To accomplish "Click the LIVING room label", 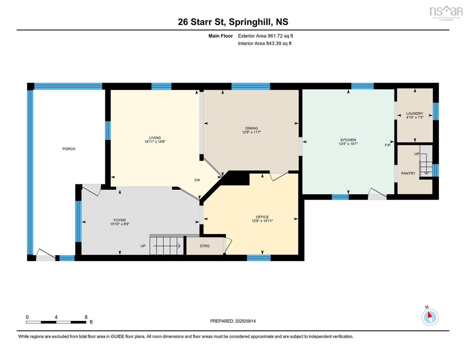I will [x=155, y=138].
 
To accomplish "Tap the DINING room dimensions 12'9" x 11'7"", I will [x=252, y=132].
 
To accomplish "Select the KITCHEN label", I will [x=348, y=140].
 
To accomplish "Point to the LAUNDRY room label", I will [x=415, y=113].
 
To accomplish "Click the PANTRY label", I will [x=408, y=173].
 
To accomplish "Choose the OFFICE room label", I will [x=262, y=217].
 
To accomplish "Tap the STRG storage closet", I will [x=205, y=246].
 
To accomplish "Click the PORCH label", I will [x=69, y=149].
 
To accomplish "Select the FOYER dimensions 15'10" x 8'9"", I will [x=120, y=224].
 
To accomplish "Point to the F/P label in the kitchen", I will [x=388, y=145].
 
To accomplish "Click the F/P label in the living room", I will [x=197, y=180].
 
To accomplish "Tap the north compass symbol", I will [x=430, y=316].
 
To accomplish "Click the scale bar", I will [x=56, y=322].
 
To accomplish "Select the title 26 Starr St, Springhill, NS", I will [x=233, y=22].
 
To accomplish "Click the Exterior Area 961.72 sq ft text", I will [x=266, y=36].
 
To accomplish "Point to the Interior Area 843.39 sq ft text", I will [x=265, y=44].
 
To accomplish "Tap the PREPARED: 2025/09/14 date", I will [x=233, y=321].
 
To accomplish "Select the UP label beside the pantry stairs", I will [x=417, y=154].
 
